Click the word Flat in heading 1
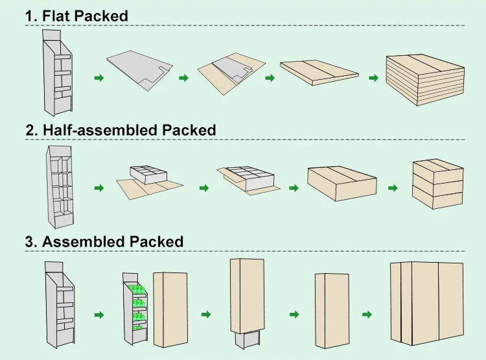point(56,16)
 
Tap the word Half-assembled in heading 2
point(100,130)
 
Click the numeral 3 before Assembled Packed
point(29,242)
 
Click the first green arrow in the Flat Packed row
point(99,78)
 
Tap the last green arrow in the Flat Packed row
point(374,78)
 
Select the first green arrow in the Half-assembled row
point(99,187)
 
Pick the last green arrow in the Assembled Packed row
point(367,315)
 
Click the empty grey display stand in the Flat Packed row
point(58,73)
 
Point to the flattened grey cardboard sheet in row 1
point(139,70)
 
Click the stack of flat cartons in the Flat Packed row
point(425,80)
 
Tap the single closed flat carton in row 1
point(319,72)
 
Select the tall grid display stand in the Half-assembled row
point(60,187)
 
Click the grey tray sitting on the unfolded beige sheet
point(148,174)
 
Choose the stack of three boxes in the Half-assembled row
point(437,184)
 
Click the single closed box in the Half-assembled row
point(342,183)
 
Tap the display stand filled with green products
point(135,309)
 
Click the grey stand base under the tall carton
point(247,339)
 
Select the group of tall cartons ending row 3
point(427,303)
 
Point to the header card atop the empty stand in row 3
point(54,267)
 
